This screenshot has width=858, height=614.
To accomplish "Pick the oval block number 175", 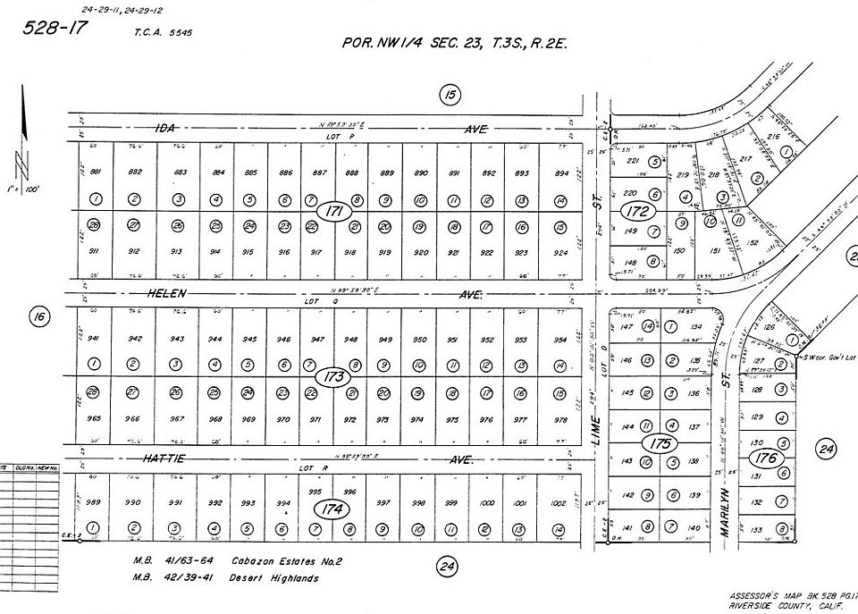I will click(660, 444).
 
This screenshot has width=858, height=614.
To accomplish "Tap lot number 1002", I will click(559, 504).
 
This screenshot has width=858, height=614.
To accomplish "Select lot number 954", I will click(560, 340).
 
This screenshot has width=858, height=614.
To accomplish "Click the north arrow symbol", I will click(22, 134).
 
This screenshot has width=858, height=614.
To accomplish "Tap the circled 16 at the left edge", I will click(38, 315).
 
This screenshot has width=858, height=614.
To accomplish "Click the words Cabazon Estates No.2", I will click(286, 561).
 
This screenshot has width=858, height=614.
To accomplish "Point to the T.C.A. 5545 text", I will click(164, 31).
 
